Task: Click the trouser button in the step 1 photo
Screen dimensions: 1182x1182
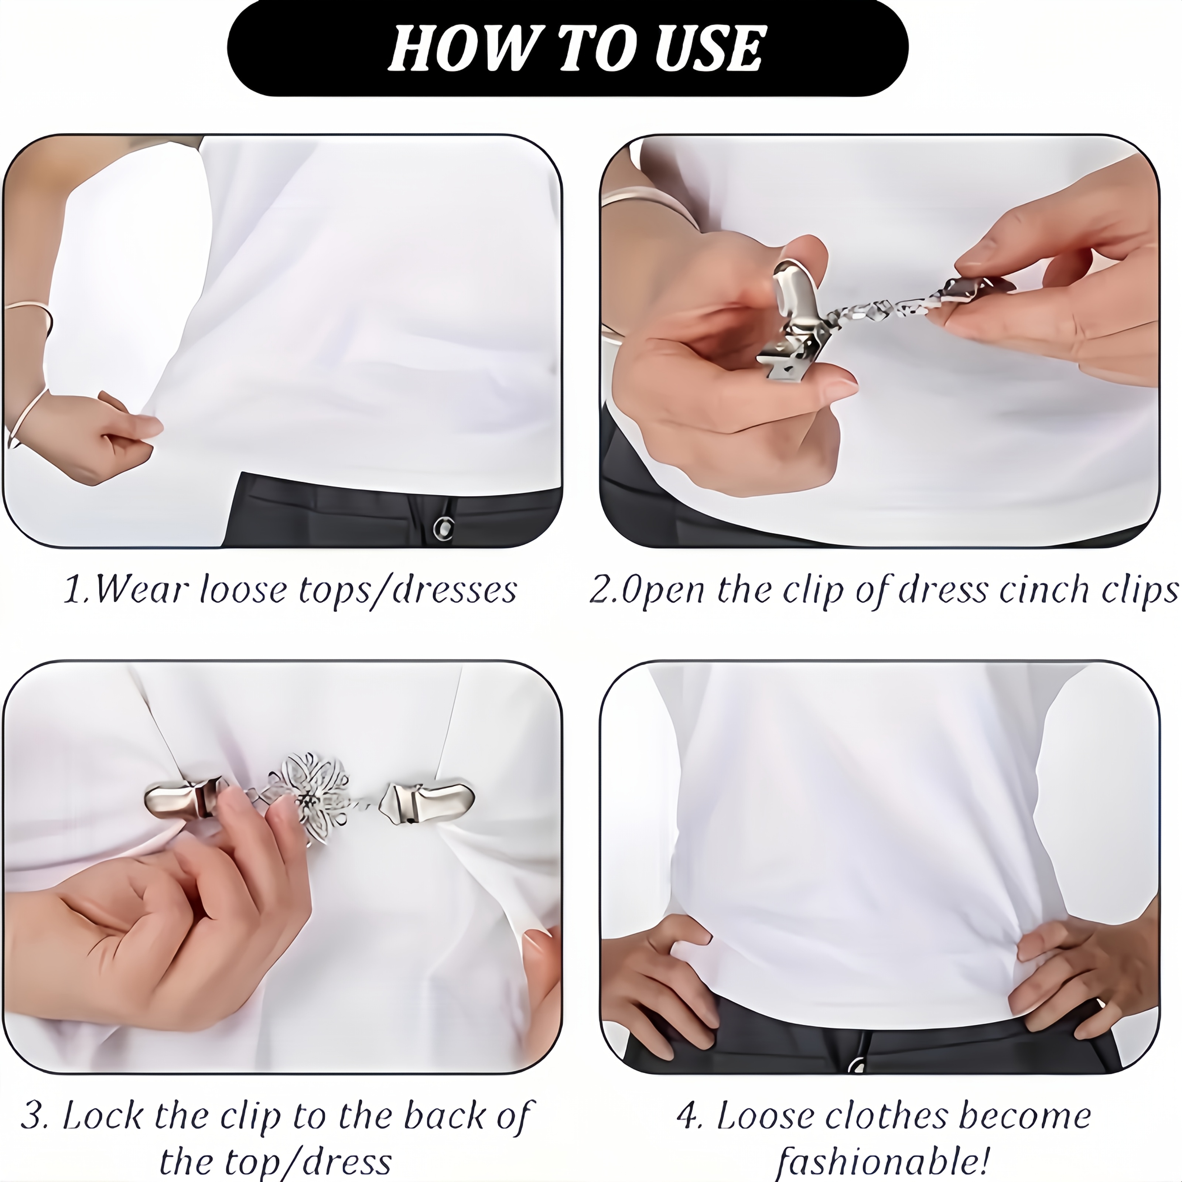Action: tap(444, 527)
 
